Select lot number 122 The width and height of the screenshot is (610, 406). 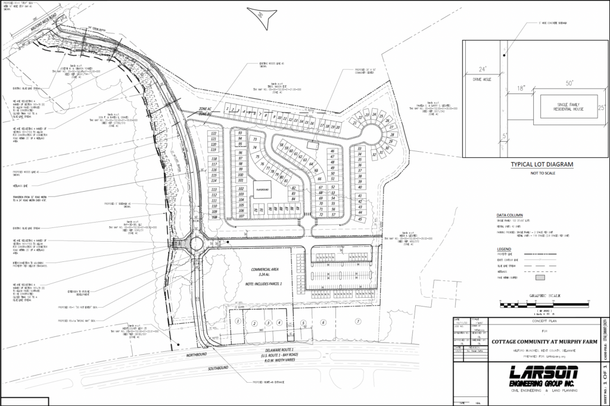pos(213,133)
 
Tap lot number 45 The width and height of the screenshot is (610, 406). pos(360,219)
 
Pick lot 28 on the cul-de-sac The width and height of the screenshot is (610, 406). pos(392,135)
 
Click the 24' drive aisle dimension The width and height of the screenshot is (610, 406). pos(474,68)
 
